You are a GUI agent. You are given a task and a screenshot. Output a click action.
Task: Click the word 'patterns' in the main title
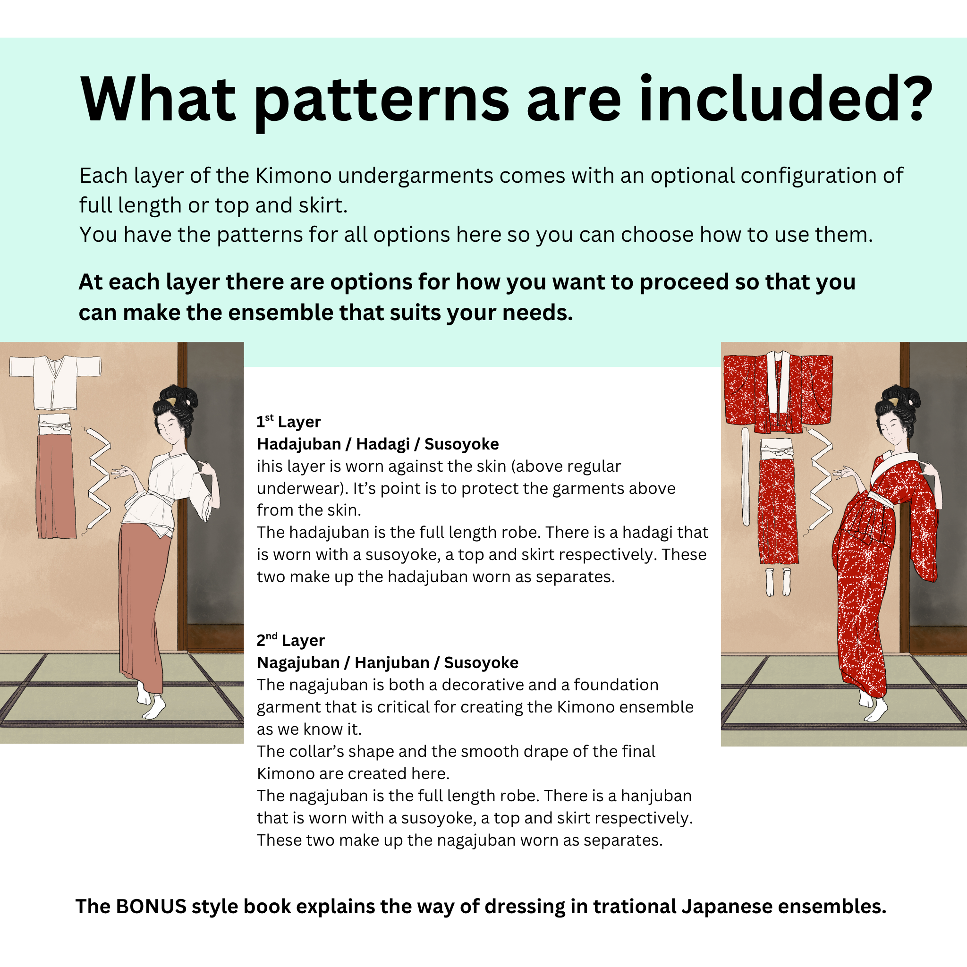tap(382, 100)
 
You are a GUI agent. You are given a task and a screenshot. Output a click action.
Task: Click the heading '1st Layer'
tap(288, 422)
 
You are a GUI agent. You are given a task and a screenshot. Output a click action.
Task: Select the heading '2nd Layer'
tap(290, 640)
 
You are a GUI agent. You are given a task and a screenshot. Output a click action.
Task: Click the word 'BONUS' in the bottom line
tap(151, 907)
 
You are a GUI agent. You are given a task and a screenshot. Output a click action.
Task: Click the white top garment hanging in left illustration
tap(55, 382)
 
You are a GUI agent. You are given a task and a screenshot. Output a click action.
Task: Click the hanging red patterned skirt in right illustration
tap(778, 506)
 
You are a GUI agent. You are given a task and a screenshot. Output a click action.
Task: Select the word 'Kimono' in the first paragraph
tap(293, 176)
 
